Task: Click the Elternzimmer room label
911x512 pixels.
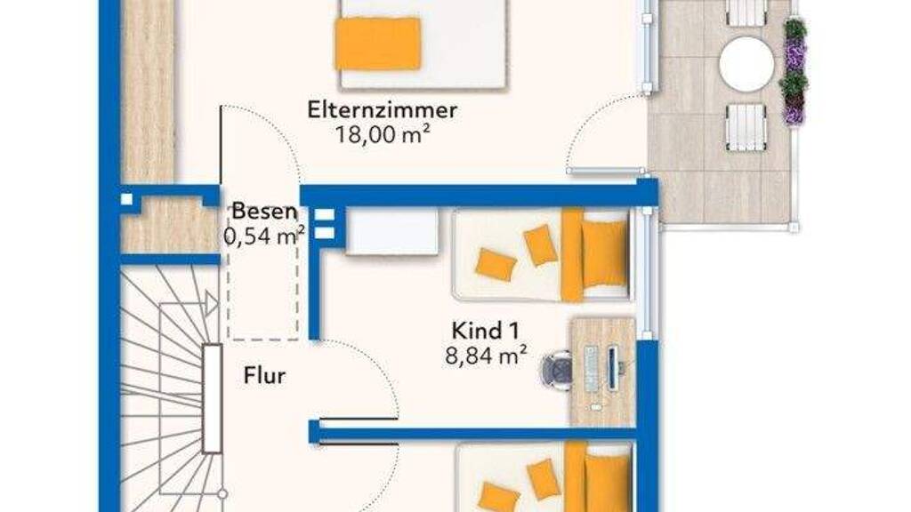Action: click(382, 109)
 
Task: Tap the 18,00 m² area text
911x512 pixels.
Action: click(383, 135)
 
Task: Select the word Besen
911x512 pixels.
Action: click(264, 212)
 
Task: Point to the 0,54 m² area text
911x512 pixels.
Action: click(264, 236)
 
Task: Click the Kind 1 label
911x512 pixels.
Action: click(485, 331)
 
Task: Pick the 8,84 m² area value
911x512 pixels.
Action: click(487, 355)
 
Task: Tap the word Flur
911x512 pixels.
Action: click(264, 376)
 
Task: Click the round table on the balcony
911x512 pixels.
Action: click(746, 64)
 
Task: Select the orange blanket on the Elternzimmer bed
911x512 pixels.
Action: click(377, 44)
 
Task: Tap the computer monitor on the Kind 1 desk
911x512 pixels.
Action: click(614, 370)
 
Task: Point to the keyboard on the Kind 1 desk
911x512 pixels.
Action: click(591, 370)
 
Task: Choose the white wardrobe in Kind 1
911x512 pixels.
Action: click(391, 232)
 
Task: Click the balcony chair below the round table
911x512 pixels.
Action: click(746, 126)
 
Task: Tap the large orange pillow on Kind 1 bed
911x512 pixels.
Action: click(604, 254)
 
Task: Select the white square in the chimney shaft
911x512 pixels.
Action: click(126, 200)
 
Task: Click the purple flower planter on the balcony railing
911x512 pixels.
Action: click(794, 71)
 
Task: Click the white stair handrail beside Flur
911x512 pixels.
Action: click(213, 399)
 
